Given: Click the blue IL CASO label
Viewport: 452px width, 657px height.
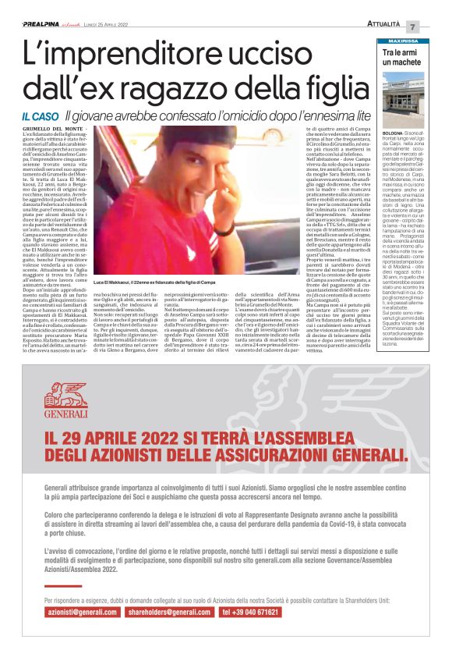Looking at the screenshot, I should (x=38, y=115).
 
